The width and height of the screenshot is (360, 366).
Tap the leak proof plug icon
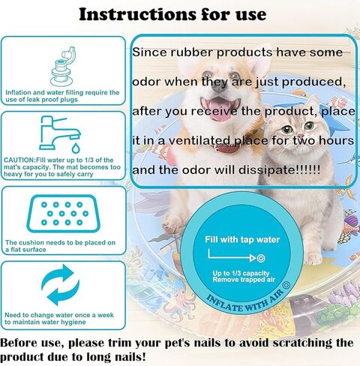tap(62, 67)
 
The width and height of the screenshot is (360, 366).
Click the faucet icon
tap(59, 133)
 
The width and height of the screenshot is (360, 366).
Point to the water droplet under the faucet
tap(76, 148)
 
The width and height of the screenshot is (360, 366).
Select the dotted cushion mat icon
tap(64, 214)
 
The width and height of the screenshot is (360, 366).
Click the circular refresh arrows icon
tap(60, 285)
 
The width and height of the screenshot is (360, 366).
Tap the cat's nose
tap(298, 137)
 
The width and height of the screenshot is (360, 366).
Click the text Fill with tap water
tap(242, 239)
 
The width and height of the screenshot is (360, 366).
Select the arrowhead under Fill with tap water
tap(253, 258)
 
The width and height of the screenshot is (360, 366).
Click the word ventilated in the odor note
tap(199, 141)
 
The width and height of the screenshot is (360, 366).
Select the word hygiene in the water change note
tap(73, 322)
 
